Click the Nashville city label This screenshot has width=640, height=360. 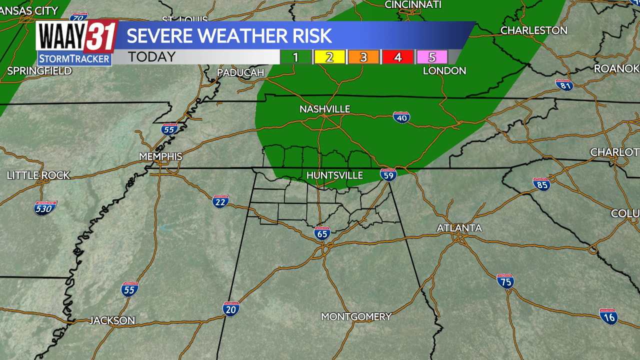324,109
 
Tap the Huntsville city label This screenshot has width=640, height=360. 334,175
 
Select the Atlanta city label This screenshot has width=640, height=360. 459,228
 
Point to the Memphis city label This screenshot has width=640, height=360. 160,156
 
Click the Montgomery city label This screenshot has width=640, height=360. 356,316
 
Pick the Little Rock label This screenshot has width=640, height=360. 38,175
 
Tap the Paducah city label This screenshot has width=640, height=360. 240,73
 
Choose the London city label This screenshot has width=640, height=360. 444,71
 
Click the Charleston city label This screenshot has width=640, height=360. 533,30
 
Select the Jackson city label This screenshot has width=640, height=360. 112,320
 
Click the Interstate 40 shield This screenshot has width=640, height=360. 401,117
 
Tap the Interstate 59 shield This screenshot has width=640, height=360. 388,174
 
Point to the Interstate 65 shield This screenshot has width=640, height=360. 322,232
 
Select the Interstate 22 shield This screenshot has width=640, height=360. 220,201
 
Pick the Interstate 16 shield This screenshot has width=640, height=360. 608,316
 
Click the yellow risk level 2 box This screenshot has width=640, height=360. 329,57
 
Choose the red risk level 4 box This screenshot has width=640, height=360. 397,57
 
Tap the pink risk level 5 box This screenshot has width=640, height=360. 431,57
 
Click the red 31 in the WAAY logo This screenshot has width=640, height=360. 101,36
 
